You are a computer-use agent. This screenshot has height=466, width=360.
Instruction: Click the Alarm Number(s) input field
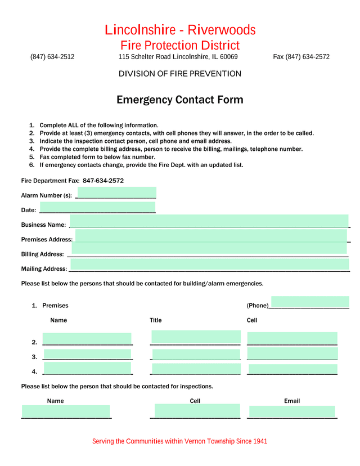[116, 192]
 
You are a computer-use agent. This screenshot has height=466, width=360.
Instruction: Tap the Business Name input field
[209, 221]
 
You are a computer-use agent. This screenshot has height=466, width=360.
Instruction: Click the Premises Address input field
[211, 236]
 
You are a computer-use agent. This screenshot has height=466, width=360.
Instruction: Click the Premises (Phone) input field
[310, 302]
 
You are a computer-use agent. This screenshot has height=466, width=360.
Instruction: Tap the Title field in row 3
[196, 355]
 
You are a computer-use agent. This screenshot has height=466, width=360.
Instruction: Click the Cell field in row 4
[292, 369]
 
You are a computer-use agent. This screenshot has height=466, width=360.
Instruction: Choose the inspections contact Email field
[292, 411]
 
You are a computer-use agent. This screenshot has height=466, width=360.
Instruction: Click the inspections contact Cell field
[197, 411]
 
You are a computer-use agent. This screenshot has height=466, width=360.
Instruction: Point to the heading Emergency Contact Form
[180, 100]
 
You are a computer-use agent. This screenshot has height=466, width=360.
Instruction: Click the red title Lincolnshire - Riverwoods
[180, 30]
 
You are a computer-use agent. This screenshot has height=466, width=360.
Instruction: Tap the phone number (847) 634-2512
[52, 57]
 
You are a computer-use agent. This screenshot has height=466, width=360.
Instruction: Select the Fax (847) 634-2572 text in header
[301, 57]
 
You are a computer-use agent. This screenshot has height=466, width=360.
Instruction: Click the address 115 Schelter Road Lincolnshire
[178, 57]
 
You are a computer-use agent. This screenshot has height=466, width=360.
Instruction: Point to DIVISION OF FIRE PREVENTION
[180, 74]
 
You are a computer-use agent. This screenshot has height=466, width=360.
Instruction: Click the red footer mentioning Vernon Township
[180, 441]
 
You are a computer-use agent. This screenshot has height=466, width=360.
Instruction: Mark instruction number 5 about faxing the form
[97, 157]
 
